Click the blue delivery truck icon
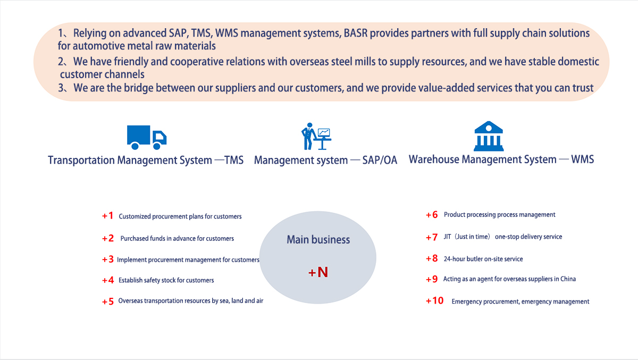(147, 138)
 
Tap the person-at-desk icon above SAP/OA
(316, 137)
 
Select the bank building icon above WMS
(489, 136)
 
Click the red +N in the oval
(318, 272)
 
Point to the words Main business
(318, 239)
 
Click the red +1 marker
(107, 215)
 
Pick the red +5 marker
(108, 302)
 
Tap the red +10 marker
(435, 300)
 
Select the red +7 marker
(432, 237)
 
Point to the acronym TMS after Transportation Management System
(234, 160)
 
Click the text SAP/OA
(380, 160)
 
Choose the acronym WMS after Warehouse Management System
(583, 159)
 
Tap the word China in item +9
(568, 279)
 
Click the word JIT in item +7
(447, 237)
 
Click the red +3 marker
(108, 259)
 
